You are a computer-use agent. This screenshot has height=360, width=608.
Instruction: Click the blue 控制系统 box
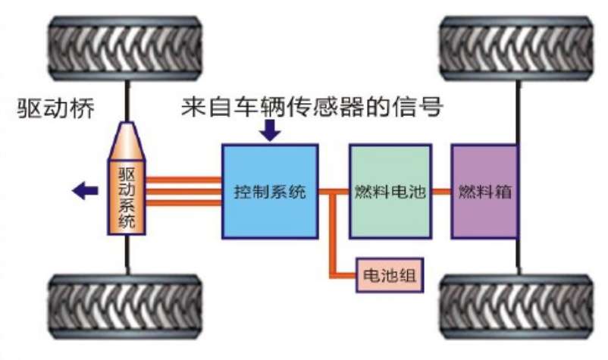tap(270, 192)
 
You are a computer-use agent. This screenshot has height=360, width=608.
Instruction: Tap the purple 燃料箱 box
tap(485, 192)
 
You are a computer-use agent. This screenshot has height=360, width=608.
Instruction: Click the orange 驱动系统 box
tap(127, 199)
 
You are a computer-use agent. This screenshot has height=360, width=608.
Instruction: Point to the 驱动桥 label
tap(56, 108)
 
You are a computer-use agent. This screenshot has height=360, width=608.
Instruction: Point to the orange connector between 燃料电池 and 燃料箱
tap(440, 192)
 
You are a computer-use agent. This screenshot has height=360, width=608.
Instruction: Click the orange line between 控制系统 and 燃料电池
tap(334, 192)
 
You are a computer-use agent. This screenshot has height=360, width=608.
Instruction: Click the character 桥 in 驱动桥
tap(81, 108)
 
